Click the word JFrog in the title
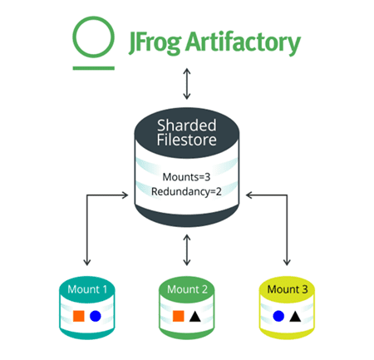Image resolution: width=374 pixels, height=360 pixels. pos(155,43)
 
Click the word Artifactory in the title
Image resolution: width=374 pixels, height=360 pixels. pos(243,43)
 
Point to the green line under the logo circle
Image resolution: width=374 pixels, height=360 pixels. pos(94,68)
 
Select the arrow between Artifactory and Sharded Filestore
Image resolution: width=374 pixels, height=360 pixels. pos(187,84)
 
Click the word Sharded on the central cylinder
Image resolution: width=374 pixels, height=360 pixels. pos(187,126)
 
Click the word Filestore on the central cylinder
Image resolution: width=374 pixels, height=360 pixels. pos(187,140)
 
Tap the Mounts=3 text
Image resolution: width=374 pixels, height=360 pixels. pos(186,177)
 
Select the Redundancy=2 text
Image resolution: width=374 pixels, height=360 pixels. pos(186,191)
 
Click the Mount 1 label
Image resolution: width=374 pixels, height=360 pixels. pos(87,289)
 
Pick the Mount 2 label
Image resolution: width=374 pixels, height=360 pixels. pos(187,289)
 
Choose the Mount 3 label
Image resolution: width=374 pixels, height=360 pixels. pos(288,289)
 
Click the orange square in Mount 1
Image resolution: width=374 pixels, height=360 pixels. pos(79,316)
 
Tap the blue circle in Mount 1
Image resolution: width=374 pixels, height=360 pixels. pos(96,316)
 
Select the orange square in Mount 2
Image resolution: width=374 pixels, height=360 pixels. pos(179,316)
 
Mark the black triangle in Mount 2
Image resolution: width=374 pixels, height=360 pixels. pos(195,317)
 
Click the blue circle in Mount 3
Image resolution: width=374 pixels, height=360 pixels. pos(278,316)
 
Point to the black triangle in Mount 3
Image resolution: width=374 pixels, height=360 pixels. pos(295,317)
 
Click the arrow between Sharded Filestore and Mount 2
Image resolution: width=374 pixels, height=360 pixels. pos(187,250)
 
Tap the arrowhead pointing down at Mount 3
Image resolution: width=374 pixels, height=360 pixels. pos(287,262)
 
